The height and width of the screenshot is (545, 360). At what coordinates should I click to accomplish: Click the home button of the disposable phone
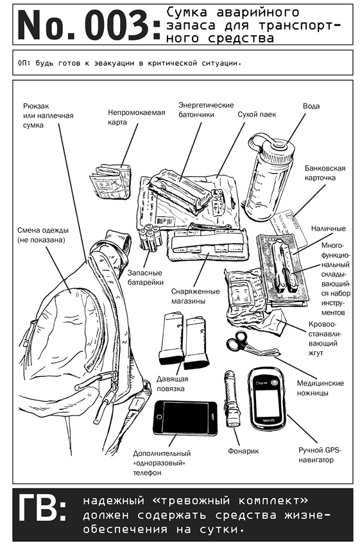tap(160, 417)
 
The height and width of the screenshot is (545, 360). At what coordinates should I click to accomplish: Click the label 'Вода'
tap(311, 106)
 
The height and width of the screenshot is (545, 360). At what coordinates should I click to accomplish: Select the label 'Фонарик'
tap(243, 451)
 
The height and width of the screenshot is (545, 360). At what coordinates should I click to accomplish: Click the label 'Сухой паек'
tap(257, 115)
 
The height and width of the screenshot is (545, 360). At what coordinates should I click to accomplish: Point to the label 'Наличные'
tap(328, 228)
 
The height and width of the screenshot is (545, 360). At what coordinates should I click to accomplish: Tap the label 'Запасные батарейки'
tap(145, 278)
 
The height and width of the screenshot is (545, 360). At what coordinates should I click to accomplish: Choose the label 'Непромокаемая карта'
tap(136, 117)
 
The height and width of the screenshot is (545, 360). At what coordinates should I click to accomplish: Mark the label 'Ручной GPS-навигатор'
tap(320, 455)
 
